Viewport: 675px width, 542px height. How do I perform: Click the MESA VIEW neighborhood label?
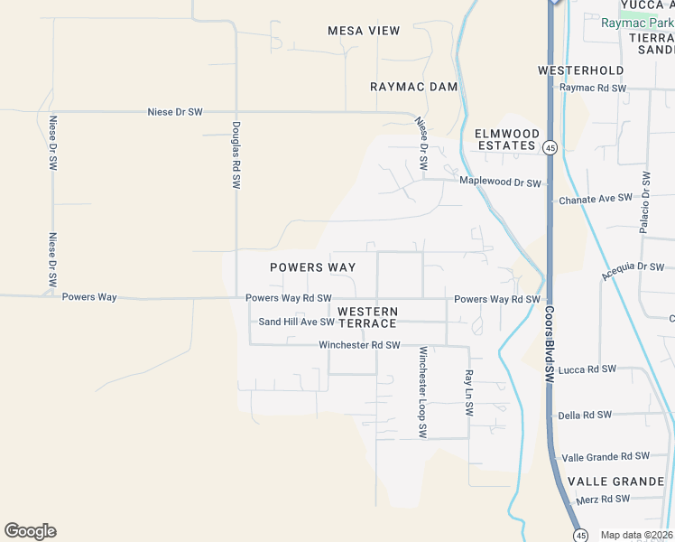coord(364,31)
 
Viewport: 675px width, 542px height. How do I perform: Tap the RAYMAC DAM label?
coord(414,87)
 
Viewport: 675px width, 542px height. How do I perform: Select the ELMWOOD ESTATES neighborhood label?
coord(507,139)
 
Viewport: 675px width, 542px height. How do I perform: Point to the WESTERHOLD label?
coord(581,70)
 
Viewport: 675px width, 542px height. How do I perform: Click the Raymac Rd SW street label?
coord(593,88)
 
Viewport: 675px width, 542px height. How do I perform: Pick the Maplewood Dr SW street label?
coord(500,182)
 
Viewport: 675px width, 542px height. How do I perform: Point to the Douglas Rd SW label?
coord(236,155)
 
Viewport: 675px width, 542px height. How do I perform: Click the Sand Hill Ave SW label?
coord(296,322)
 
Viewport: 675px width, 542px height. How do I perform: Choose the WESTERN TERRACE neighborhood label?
coord(367,317)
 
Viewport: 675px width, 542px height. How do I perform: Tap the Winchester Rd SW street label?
coord(359,345)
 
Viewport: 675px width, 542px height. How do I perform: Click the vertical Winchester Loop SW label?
coord(421,394)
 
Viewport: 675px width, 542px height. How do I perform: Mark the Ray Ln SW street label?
coord(468,392)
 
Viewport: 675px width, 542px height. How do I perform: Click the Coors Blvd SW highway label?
coord(549,343)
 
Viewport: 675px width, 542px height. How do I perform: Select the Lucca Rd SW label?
coord(587,369)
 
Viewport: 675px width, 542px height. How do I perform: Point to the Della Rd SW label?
coord(585,415)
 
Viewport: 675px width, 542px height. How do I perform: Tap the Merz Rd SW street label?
coord(603,499)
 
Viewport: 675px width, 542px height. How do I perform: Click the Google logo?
coord(30,531)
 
